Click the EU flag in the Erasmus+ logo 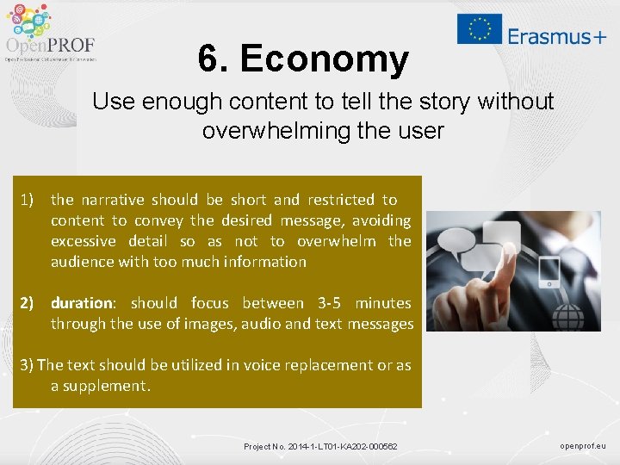click(x=480, y=28)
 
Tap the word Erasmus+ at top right click(x=556, y=35)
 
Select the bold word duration click(x=82, y=303)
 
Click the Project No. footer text click(x=320, y=446)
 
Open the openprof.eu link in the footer click(x=583, y=446)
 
